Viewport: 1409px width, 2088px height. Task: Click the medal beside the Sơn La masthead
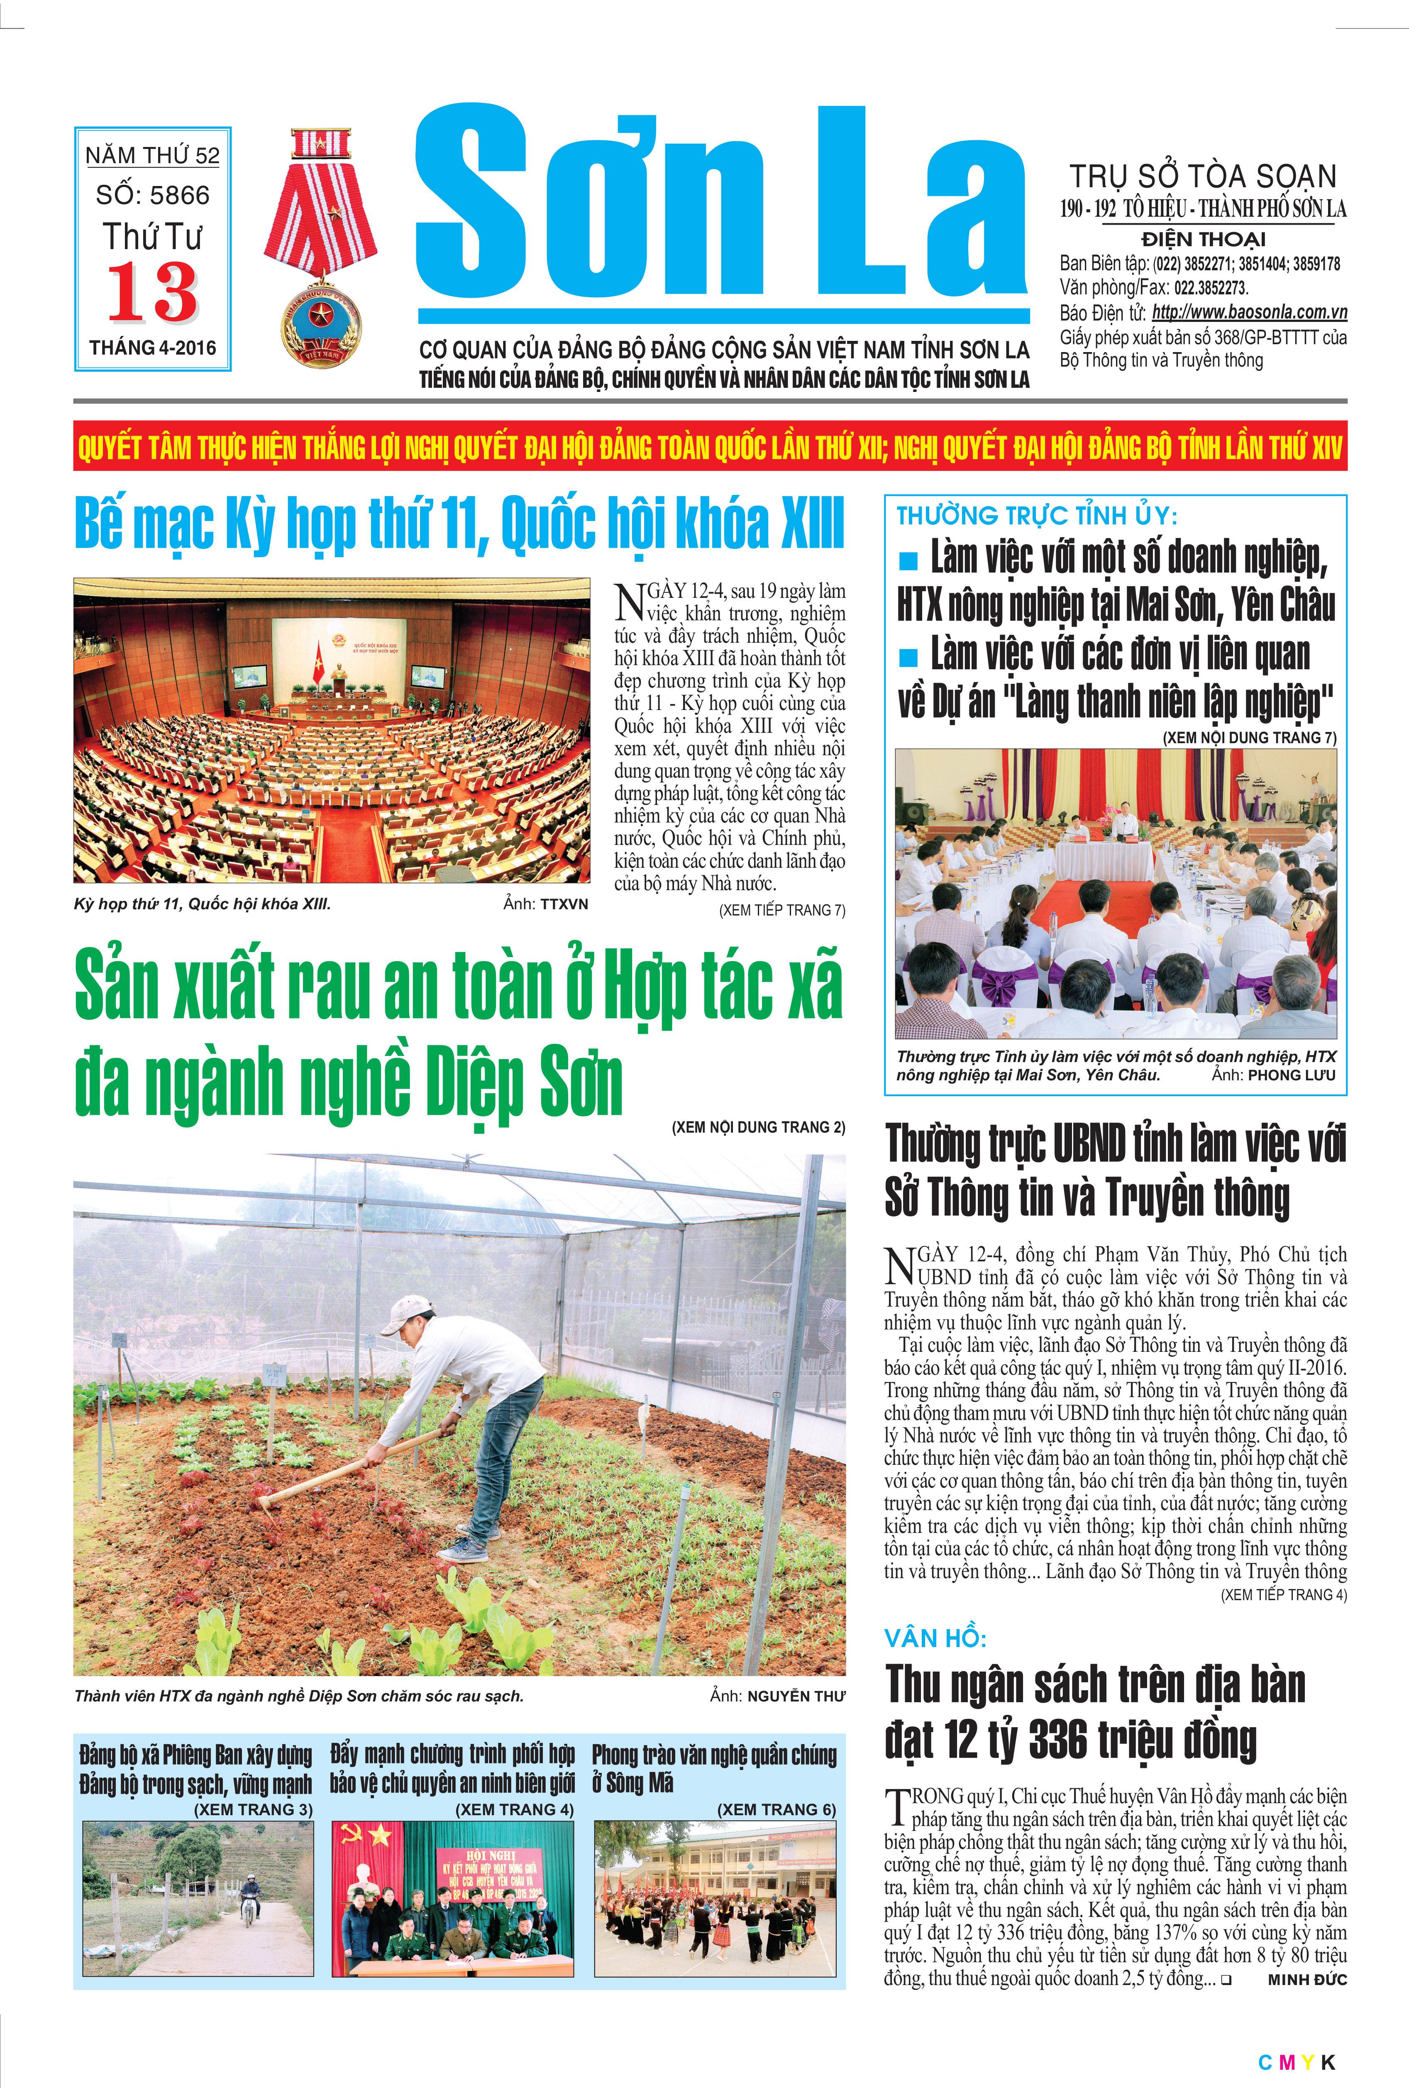tap(320, 247)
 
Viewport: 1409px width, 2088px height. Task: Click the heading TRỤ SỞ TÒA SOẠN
tap(1202, 176)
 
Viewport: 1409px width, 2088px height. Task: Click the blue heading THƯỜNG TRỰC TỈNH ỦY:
tap(1036, 516)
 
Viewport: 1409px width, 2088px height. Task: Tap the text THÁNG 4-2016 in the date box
tap(153, 348)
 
